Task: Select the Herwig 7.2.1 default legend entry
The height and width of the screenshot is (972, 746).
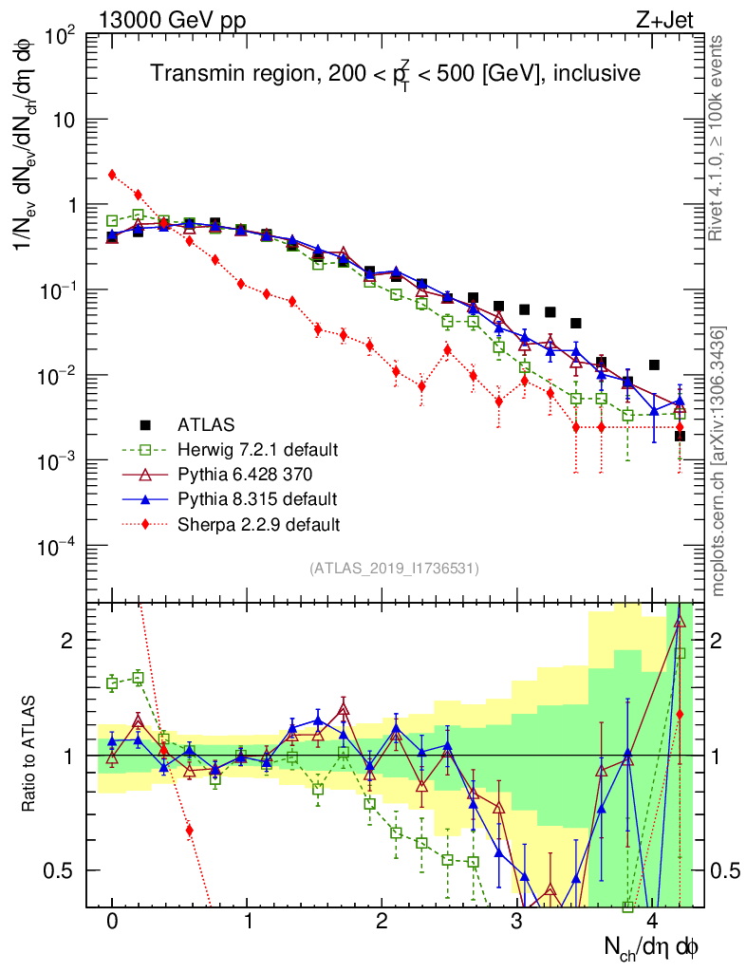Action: [256, 449]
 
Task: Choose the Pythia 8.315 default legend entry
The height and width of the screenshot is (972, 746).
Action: [256, 498]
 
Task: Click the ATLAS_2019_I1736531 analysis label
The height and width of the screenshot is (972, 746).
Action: [394, 569]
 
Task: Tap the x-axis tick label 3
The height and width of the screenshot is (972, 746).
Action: [516, 922]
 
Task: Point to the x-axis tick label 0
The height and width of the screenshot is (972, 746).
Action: [112, 922]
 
